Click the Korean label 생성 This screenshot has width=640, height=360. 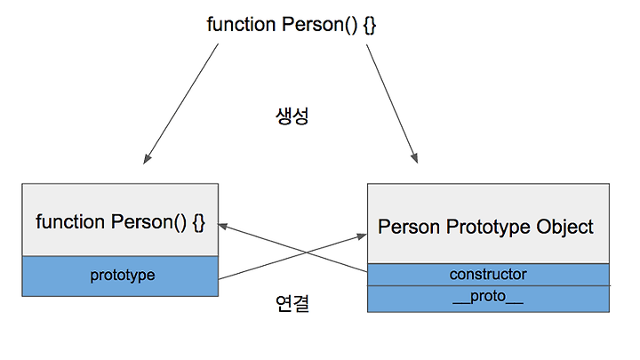pos(292,116)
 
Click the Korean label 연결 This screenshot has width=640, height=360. pos(292,303)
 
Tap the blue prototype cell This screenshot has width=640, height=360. pos(120,276)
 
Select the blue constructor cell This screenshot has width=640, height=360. pos(488,275)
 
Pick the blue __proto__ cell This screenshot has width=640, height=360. pos(488,300)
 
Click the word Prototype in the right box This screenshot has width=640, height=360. pos(488,228)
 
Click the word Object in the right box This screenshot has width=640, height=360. pos(565,228)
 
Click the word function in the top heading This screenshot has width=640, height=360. pos(241,25)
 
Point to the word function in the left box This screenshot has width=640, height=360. pos(70,222)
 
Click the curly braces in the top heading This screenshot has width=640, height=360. pos(370,25)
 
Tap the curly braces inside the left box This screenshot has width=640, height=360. pos(198,223)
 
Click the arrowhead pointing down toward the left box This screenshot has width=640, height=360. pos(147,159)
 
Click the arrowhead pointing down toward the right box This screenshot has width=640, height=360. pos(414,158)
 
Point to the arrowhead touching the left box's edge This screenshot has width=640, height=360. pos(222,225)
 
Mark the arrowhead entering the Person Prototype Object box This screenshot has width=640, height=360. pos(362,236)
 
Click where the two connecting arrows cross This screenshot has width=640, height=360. pos(307,253)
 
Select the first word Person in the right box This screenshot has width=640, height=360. pos(409,228)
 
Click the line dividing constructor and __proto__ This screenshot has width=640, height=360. pos(488,285)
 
